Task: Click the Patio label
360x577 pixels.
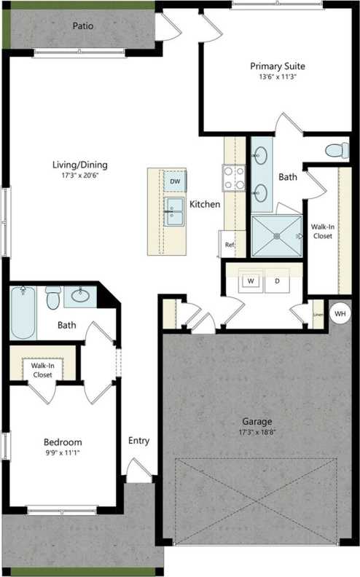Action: pos(82,25)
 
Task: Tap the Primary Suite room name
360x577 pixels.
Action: pos(277,65)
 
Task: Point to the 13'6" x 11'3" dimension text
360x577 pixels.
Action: pos(277,76)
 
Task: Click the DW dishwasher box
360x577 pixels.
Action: pos(176,180)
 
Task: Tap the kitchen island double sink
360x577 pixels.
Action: pos(175,211)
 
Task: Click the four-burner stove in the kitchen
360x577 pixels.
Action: pos(233,177)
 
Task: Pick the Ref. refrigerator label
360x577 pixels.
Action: pos(230,245)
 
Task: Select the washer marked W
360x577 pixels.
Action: pos(250,280)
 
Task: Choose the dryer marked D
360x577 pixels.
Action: pos(277,280)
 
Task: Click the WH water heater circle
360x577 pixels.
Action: pos(339,313)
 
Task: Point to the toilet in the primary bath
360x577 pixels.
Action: pos(335,151)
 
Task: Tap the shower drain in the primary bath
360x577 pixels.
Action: pos(275,235)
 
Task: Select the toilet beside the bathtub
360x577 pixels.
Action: pos(52,298)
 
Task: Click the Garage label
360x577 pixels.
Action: pos(257,421)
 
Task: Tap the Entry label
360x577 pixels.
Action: pos(138,440)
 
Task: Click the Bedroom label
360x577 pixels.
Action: pos(63,442)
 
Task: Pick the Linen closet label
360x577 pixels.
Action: pos(318,315)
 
